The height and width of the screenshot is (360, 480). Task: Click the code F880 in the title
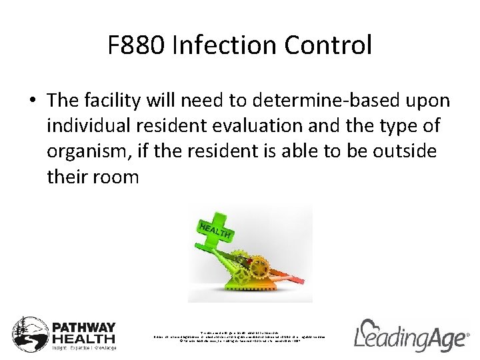[136, 46]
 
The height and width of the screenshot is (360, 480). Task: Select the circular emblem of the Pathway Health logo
[29, 334]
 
